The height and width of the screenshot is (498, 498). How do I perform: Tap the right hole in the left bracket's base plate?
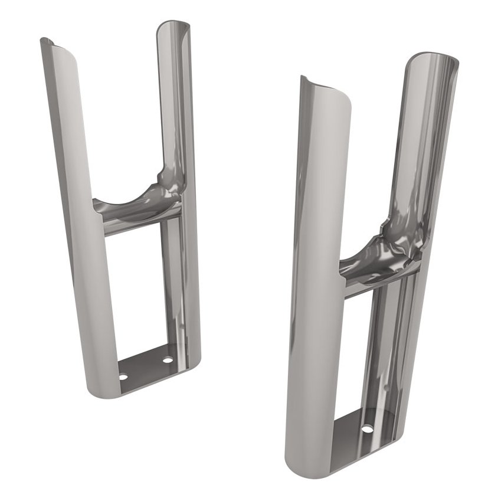pyautogui.click(x=168, y=359)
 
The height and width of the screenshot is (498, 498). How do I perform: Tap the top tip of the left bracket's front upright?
pyautogui.click(x=43, y=41)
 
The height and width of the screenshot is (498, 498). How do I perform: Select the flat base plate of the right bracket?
pyautogui.click(x=354, y=434)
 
